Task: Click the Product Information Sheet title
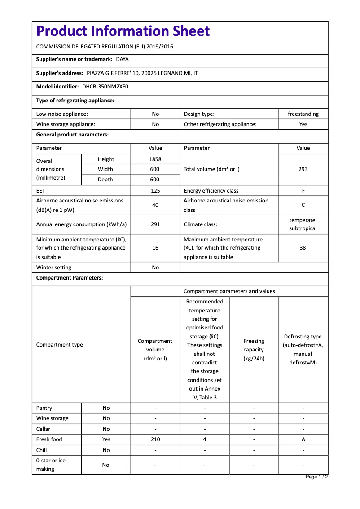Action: click(x=123, y=31)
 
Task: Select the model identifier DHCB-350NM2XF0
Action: click(x=105, y=87)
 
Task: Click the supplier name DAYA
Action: click(x=122, y=59)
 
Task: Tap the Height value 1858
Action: click(x=155, y=159)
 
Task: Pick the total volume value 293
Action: click(x=303, y=169)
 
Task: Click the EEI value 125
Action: click(x=155, y=191)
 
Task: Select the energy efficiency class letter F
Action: click(x=303, y=191)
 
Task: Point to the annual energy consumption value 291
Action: click(x=155, y=224)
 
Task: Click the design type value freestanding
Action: click(x=303, y=114)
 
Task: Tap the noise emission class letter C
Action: click(x=303, y=205)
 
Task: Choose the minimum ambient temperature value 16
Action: click(x=155, y=248)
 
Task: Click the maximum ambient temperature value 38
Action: click(x=303, y=248)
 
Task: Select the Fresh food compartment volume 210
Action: click(x=155, y=439)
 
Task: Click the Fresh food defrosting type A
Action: click(x=303, y=439)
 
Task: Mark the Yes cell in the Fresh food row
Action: click(x=106, y=439)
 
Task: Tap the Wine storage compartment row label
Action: click(x=53, y=418)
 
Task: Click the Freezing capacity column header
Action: click(x=254, y=350)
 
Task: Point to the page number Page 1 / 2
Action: click(x=316, y=477)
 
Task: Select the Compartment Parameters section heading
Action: click(x=70, y=278)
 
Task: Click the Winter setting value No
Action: click(x=155, y=268)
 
